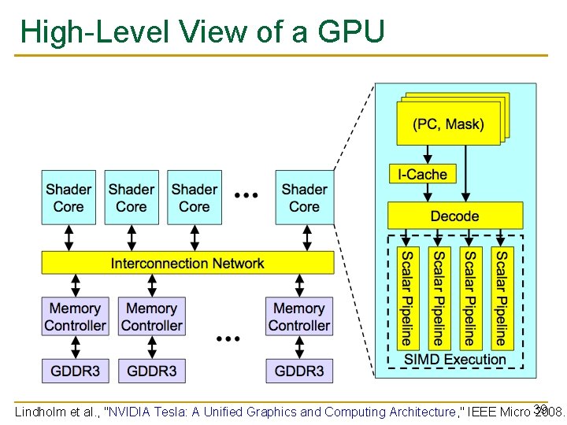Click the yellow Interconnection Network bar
pos(187,263)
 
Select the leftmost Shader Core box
pos(69,198)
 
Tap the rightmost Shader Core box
pos(304,198)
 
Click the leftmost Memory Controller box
pos(75,316)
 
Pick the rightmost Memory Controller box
pos(299,316)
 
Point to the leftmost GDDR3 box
pos(75,371)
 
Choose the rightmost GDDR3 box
pos(299,371)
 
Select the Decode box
pos(454,216)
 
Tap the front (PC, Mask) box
pos(448,124)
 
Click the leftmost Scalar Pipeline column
pos(406,298)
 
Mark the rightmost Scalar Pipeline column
pos(501,298)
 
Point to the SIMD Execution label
pos(455,360)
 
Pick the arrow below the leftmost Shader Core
pos(69,237)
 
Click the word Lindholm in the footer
pos(40,412)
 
